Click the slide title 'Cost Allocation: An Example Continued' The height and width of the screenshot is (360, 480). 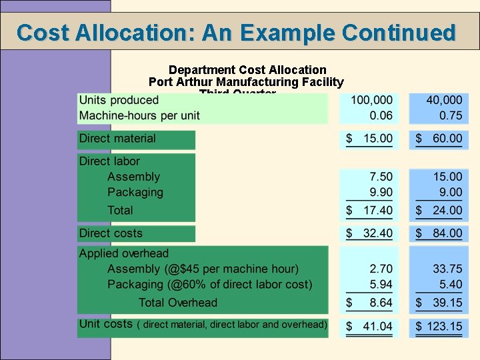coord(237,32)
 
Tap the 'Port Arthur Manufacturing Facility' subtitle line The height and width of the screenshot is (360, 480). coord(246,82)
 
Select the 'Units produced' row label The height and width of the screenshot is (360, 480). coord(119,101)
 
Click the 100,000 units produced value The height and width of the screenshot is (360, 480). coord(371,101)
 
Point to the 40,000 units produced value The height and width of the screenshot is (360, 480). coord(443,101)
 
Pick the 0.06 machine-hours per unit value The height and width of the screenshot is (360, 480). coord(381,115)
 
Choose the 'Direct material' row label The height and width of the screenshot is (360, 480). coord(117,139)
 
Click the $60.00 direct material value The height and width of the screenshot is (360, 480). coord(439,139)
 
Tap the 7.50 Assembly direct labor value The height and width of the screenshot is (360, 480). coord(381,177)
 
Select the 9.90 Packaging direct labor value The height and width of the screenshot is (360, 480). coord(381,192)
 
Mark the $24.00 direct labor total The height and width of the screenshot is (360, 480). coord(439,210)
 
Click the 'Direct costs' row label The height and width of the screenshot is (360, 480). coord(111,233)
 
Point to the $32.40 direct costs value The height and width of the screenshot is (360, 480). coord(369,233)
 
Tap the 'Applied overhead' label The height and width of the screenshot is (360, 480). coord(124,253)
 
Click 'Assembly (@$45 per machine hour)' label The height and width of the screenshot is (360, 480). coord(203,269)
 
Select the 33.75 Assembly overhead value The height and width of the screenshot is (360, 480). coord(447,269)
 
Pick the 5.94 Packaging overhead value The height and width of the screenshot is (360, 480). coord(381,284)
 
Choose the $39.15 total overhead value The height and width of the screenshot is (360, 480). coord(439,303)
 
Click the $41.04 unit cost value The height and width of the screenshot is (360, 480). coord(369,327)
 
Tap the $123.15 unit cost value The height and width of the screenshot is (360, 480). coord(438,327)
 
